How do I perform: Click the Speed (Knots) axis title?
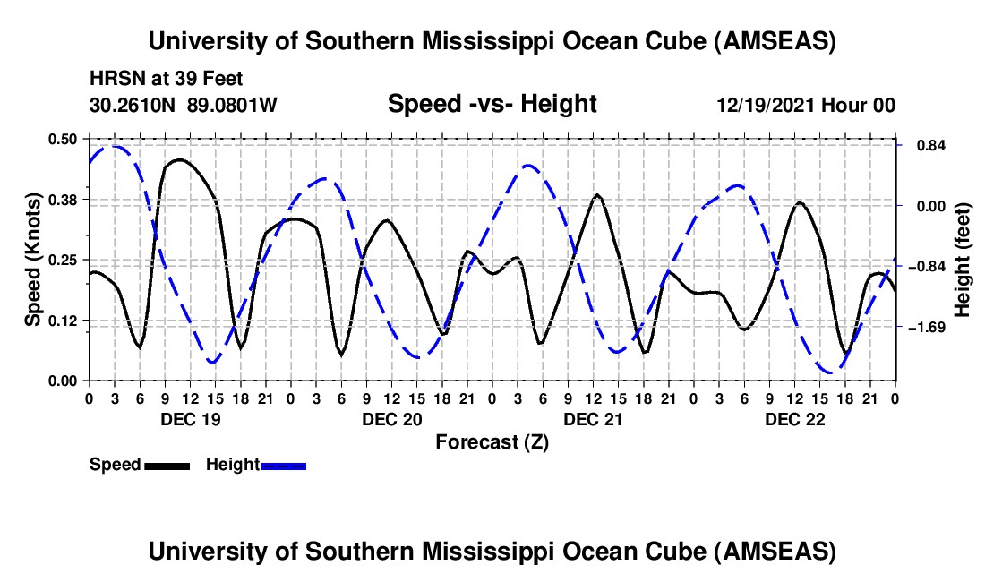[32, 260]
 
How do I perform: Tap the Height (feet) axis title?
[964, 260]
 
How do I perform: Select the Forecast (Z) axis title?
[492, 441]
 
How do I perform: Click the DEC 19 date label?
[189, 418]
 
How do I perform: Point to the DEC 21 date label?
[593, 418]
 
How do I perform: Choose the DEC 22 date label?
[794, 418]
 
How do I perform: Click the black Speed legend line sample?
[167, 466]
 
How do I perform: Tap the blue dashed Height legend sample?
[284, 466]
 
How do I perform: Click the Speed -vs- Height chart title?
[492, 104]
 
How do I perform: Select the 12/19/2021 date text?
[767, 106]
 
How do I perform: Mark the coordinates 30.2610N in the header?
[133, 106]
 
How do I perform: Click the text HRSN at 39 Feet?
[167, 80]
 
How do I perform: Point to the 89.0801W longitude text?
[233, 106]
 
